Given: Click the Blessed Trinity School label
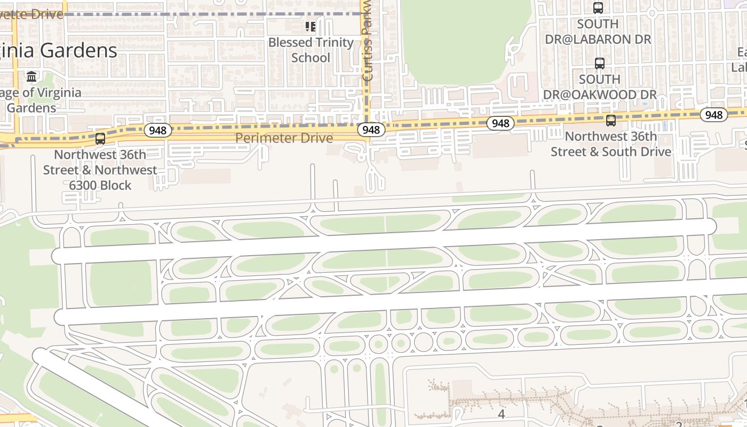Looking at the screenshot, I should (311, 50).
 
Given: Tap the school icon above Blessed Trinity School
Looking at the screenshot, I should (311, 26).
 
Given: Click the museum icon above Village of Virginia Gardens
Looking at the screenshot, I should (31, 77).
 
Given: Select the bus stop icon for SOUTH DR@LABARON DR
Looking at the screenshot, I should (598, 8).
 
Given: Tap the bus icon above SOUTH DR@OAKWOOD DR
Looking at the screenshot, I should (600, 64).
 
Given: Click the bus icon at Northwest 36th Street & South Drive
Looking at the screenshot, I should (611, 121).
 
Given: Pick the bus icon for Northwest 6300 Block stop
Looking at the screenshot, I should (100, 139).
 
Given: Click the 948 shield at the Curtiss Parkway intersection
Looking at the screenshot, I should (371, 130).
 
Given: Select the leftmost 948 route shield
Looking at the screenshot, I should (157, 130).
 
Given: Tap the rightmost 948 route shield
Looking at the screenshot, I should (713, 115).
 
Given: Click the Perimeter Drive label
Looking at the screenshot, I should (284, 138).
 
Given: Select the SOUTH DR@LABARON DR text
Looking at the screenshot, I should (598, 31).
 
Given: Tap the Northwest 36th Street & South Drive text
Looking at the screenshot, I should (611, 144).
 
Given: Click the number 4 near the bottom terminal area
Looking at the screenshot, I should (501, 414).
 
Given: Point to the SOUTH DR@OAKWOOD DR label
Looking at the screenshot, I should (600, 87).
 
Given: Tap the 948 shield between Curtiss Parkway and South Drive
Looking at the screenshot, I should (500, 123).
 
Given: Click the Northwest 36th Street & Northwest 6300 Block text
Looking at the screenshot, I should (100, 170).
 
